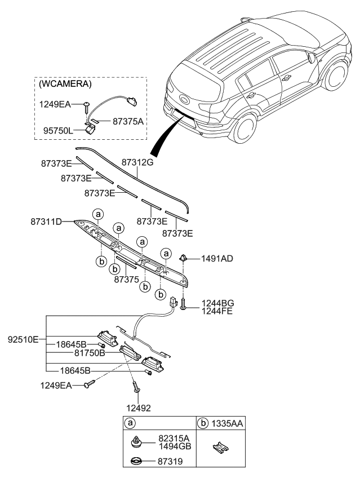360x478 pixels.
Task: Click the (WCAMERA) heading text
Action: (65, 83)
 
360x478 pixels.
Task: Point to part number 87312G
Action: (137, 162)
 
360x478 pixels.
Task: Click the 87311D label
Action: (50, 222)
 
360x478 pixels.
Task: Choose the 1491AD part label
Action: (217, 259)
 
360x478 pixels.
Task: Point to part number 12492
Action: (138, 407)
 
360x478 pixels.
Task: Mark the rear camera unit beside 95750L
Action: (91, 129)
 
